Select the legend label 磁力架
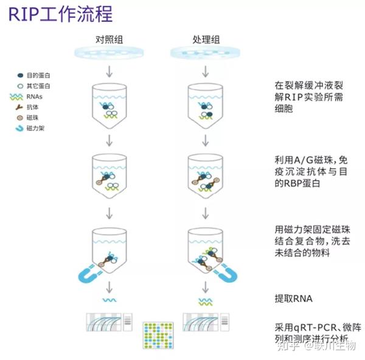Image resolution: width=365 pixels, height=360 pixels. pos(36,129)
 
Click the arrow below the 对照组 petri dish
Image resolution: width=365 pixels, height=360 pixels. pos(109,71)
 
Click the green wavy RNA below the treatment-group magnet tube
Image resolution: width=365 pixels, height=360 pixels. pos(205,301)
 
